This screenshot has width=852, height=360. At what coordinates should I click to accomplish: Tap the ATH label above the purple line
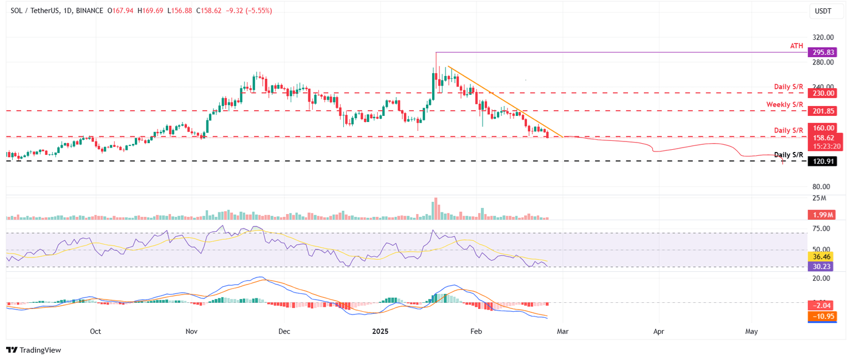pos(797,45)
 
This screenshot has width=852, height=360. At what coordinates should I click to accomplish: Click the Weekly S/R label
pos(785,104)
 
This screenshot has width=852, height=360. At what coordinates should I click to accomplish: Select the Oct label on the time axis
pos(95,332)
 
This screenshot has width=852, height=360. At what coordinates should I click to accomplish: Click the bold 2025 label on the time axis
pos(380,332)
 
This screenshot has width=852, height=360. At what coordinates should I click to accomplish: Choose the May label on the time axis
pos(752,332)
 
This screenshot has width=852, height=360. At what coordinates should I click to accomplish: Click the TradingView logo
pos(33,350)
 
